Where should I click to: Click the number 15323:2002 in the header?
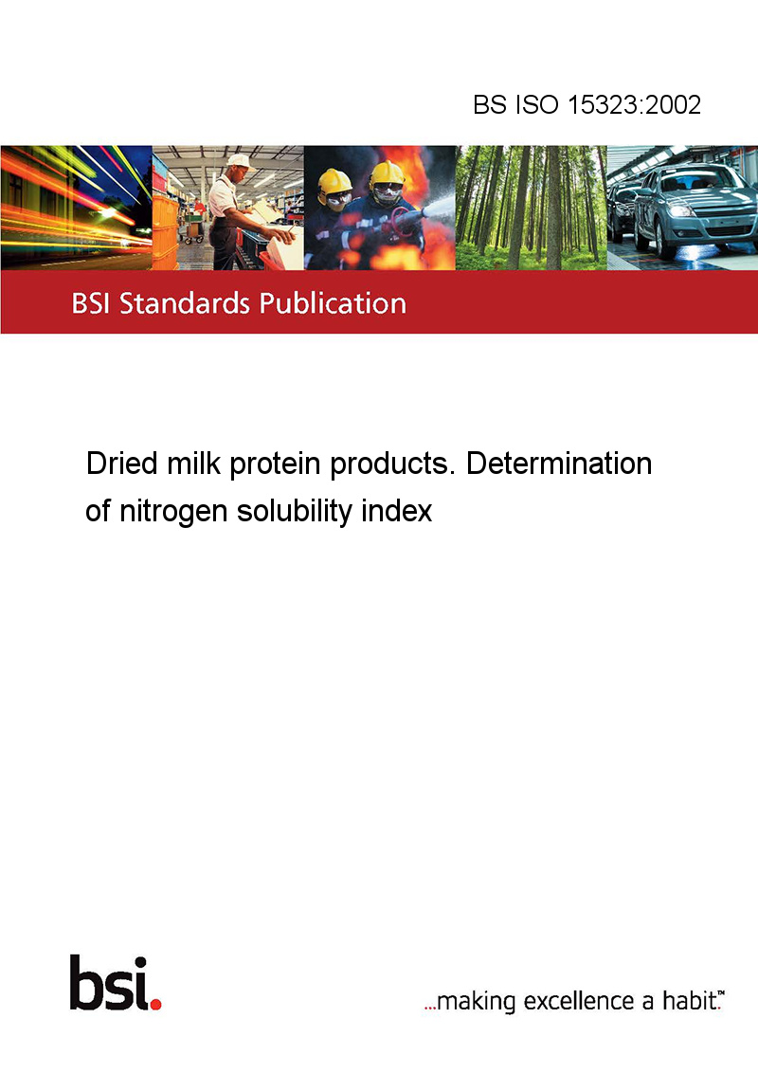point(634,104)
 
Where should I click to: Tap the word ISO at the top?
point(537,104)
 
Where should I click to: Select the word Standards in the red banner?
point(185,303)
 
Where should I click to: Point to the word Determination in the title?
point(559,464)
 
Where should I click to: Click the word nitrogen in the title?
point(173,512)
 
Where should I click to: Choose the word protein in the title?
point(275,464)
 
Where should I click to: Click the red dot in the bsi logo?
point(155,1004)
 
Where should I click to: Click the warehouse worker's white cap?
point(239,161)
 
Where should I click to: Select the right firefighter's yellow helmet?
point(387,173)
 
